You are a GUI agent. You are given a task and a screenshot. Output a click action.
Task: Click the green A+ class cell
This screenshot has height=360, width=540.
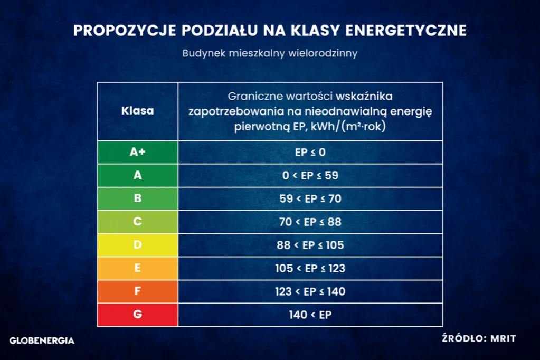[x=138, y=152]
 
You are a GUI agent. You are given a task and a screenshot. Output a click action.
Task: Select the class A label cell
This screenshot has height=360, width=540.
[x=138, y=175]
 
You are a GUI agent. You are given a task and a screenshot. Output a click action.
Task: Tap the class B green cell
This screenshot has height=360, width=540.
[x=138, y=198]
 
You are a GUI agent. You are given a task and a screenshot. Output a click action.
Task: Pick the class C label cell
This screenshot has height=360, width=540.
[x=138, y=222]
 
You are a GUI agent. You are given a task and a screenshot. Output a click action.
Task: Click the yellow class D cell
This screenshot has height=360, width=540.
[x=138, y=245]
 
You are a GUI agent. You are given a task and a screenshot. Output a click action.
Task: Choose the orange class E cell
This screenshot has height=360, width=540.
[x=138, y=268]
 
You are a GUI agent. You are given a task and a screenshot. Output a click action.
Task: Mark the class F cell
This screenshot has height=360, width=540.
[x=138, y=291]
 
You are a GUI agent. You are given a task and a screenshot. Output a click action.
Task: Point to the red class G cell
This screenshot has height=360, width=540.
[x=138, y=315]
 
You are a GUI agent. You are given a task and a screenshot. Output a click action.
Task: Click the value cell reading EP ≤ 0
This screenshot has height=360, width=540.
[x=310, y=152]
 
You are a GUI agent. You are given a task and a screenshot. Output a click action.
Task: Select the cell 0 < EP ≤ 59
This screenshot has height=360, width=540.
[x=310, y=175]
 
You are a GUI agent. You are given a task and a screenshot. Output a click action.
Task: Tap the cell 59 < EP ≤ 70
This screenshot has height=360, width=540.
[x=310, y=198]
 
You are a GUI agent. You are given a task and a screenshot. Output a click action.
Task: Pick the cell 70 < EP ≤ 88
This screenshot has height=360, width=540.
[x=310, y=222]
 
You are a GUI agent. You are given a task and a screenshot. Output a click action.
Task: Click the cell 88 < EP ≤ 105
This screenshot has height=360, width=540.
[x=310, y=245]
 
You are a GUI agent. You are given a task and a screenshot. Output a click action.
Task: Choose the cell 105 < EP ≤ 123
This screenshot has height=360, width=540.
[x=310, y=268]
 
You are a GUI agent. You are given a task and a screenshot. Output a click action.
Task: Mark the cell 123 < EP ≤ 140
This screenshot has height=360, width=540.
[x=310, y=291]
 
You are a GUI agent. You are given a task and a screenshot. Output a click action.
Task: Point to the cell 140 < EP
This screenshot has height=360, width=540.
[x=310, y=315]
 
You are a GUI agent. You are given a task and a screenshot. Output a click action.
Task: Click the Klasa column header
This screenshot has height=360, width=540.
[x=138, y=111]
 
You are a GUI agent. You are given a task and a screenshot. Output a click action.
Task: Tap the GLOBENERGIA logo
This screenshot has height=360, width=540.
[x=42, y=340]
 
